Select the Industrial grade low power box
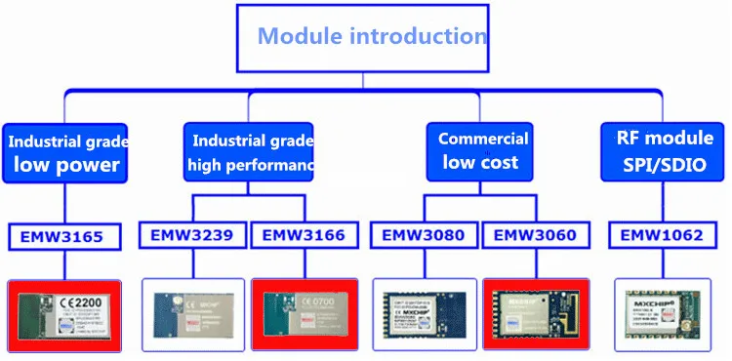(x=63, y=152)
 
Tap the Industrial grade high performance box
(x=250, y=152)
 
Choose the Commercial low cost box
(x=482, y=150)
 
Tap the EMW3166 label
(x=304, y=235)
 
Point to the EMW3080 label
(x=425, y=235)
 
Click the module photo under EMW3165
(x=64, y=315)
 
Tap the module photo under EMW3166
(x=305, y=315)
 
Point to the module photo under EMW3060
(x=537, y=315)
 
